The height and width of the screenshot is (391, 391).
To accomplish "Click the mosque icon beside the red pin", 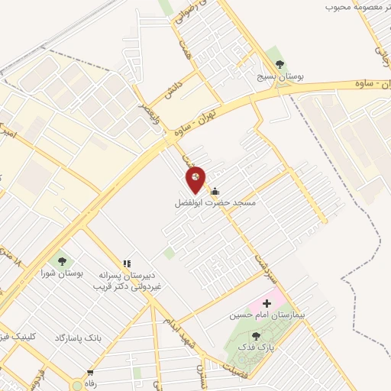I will (216, 191).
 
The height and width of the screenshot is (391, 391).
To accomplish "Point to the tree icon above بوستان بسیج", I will (276, 63).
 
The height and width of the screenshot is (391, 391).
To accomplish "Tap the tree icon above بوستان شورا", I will (61, 260).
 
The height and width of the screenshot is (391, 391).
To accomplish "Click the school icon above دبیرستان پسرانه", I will (127, 264).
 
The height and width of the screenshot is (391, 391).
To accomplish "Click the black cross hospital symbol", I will (267, 303).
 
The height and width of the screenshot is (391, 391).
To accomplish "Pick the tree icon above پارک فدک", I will (255, 335).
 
